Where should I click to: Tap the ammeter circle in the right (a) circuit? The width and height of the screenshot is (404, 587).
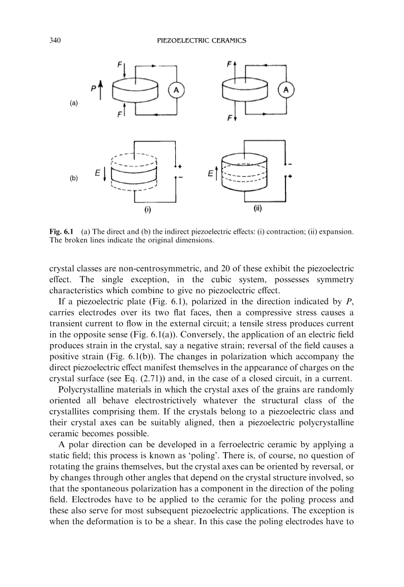pyautogui.click(x=286, y=90)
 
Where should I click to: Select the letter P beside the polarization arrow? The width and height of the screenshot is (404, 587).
pyautogui.click(x=93, y=88)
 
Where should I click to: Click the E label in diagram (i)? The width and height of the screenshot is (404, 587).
pyautogui.click(x=97, y=173)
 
